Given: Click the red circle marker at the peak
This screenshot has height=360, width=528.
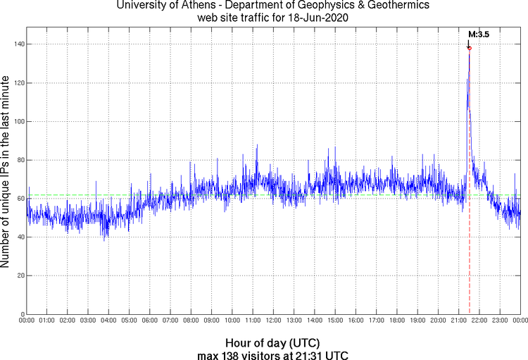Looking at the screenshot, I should tap(469, 48).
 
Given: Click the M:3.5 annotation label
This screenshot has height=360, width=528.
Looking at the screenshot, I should tap(479, 34).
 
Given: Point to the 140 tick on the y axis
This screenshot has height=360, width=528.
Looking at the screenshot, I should tap(18, 44).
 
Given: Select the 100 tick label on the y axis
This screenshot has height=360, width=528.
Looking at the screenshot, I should tap(18, 121).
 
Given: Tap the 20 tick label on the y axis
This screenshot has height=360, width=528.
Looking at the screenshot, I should tap(20, 275).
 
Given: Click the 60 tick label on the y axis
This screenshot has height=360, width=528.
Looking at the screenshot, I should tap(20, 199).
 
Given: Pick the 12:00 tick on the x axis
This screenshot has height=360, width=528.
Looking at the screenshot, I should tap(274, 321).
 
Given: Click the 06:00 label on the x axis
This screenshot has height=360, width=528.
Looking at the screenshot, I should tap(150, 321).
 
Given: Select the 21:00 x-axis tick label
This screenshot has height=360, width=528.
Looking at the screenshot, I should tap(459, 321).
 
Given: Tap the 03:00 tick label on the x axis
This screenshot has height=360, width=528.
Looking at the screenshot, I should tap(89, 321).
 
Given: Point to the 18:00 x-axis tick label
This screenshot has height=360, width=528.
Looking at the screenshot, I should tap(397, 321).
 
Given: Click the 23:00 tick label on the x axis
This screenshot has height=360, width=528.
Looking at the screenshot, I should tap(500, 321).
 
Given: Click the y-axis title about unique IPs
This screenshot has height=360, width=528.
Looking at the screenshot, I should tap(6, 172).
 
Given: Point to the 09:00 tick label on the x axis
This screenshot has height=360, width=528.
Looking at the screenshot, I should tap(212, 321).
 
